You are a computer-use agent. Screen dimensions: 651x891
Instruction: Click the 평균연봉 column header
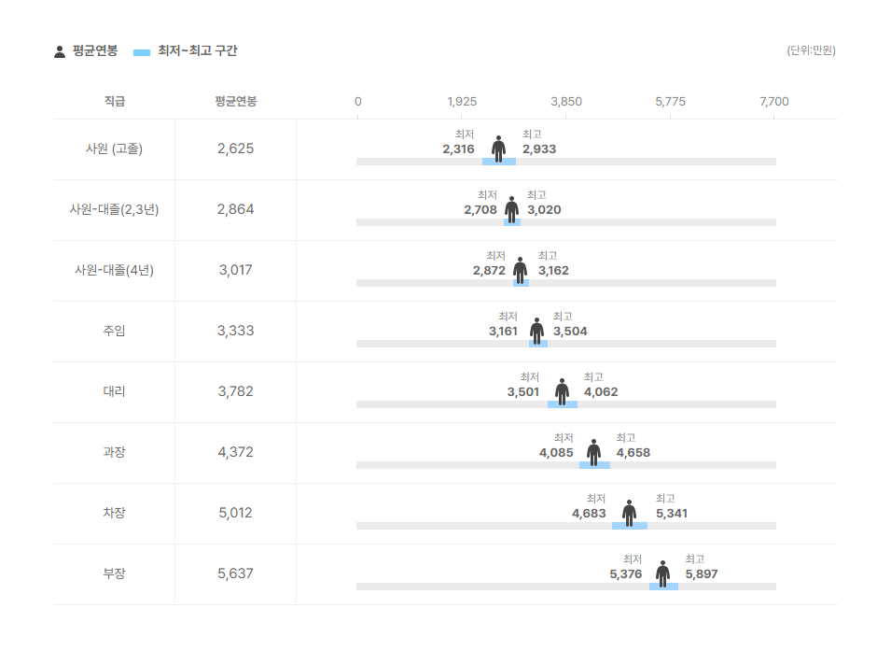tap(235, 101)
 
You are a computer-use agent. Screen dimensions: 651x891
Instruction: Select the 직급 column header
tap(114, 101)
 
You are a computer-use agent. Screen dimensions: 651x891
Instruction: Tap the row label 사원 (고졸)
tap(114, 149)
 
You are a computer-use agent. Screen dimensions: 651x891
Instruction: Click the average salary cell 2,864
tap(235, 209)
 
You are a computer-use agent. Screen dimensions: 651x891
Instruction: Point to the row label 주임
tap(114, 331)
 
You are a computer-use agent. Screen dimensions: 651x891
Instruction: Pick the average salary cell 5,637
tap(235, 573)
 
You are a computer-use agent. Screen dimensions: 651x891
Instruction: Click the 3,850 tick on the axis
tap(566, 101)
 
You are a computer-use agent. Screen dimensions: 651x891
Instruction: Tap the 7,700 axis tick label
tap(774, 101)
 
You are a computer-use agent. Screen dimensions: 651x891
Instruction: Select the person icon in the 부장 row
tap(662, 573)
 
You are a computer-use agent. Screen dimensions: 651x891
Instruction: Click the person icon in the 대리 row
tap(562, 390)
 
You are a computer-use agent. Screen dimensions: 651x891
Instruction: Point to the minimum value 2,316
tap(458, 149)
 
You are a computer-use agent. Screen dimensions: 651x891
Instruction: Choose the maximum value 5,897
tap(702, 574)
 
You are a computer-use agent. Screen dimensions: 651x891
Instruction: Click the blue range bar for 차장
tap(630, 526)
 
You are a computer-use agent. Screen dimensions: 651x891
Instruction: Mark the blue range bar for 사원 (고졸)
tap(499, 162)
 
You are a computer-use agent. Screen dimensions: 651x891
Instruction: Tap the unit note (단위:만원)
tap(811, 50)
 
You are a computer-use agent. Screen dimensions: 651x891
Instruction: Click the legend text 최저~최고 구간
tap(197, 50)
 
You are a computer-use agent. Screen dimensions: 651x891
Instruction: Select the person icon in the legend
tap(60, 51)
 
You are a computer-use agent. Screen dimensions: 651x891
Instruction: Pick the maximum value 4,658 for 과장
tap(633, 453)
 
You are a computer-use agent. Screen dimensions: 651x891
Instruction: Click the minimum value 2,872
tap(488, 271)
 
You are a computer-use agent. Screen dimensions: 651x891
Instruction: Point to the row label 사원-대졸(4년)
tap(114, 270)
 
